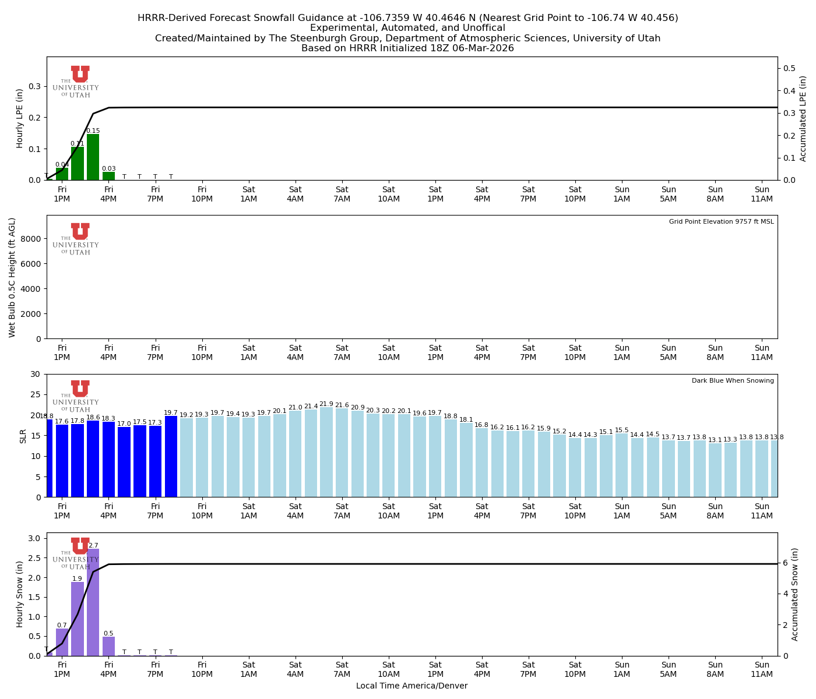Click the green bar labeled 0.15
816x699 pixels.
pyautogui.click(x=93, y=157)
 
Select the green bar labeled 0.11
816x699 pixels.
pyautogui.click(x=78, y=164)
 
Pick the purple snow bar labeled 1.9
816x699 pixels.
pyautogui.click(x=78, y=619)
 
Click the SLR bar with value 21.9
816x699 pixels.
pyautogui.click(x=326, y=452)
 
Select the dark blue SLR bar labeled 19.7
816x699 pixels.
pyautogui.click(x=171, y=456)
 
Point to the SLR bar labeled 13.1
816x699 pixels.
pyautogui.click(x=715, y=470)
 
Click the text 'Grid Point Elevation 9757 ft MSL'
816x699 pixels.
pyautogui.click(x=721, y=222)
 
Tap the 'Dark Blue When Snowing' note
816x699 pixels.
pyautogui.click(x=733, y=381)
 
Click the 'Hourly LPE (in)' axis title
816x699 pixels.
pyautogui.click(x=20, y=118)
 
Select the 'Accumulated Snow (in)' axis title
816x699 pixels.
pyautogui.click(x=795, y=594)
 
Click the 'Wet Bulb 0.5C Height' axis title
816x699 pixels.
pyautogui.click(x=12, y=277)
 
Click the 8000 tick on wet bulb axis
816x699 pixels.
pyautogui.click(x=33, y=239)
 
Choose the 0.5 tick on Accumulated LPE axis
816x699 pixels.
pyautogui.click(x=790, y=69)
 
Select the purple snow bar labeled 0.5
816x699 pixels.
pyautogui.click(x=109, y=646)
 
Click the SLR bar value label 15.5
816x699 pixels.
pyautogui.click(x=622, y=430)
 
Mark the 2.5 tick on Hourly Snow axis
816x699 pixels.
pyautogui.click(x=34, y=558)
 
